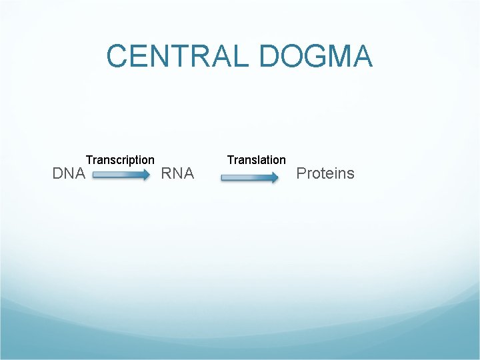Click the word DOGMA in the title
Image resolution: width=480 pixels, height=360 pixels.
(315, 56)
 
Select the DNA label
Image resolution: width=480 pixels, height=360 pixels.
(69, 174)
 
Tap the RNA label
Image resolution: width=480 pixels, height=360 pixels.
(177, 174)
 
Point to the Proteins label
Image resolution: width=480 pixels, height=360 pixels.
(325, 174)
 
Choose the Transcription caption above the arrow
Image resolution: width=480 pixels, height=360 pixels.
(120, 160)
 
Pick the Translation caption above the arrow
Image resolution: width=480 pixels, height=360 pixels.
(256, 160)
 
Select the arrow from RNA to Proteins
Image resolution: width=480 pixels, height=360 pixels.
(249, 177)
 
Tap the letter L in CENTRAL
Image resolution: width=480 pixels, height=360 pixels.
(244, 56)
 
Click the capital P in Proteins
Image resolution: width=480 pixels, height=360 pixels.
(301, 174)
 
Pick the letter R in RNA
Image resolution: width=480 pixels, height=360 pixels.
(167, 174)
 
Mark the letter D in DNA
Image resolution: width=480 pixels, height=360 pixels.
(57, 174)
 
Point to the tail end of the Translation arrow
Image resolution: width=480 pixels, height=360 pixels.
(223, 177)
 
